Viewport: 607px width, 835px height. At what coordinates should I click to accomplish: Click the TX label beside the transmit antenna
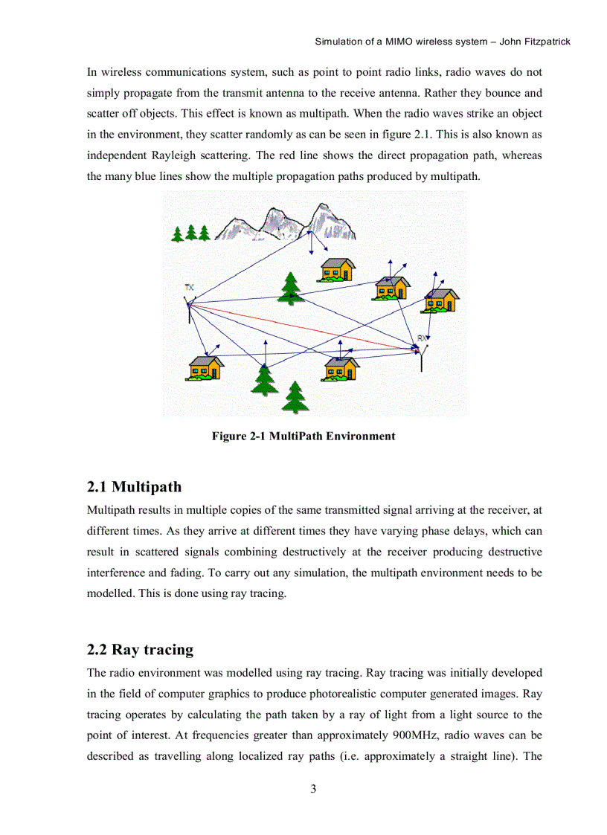click(190, 287)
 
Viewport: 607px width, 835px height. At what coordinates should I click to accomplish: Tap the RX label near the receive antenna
click(423, 338)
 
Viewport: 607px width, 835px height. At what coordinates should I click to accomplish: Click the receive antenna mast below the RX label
click(422, 361)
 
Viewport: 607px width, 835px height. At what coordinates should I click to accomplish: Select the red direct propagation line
click(298, 324)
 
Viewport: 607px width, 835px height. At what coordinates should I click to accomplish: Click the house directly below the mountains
click(337, 269)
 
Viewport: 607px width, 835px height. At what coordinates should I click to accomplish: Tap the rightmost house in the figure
click(440, 300)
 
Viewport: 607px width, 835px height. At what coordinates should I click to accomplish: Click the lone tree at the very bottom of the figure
click(296, 397)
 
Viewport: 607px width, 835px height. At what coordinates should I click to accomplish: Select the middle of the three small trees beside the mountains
click(190, 233)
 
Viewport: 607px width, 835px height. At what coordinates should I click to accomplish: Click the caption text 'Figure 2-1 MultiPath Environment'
click(303, 436)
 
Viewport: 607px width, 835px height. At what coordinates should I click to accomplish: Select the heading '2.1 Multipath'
click(134, 488)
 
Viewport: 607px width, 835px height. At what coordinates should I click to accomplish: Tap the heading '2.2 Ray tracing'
click(140, 650)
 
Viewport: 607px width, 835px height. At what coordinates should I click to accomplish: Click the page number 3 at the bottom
click(313, 789)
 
